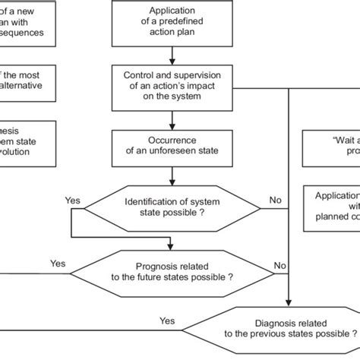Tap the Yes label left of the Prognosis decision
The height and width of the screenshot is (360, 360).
click(x=58, y=264)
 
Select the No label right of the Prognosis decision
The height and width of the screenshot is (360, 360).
click(x=280, y=266)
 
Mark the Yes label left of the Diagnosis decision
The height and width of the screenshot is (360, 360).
click(x=166, y=321)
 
